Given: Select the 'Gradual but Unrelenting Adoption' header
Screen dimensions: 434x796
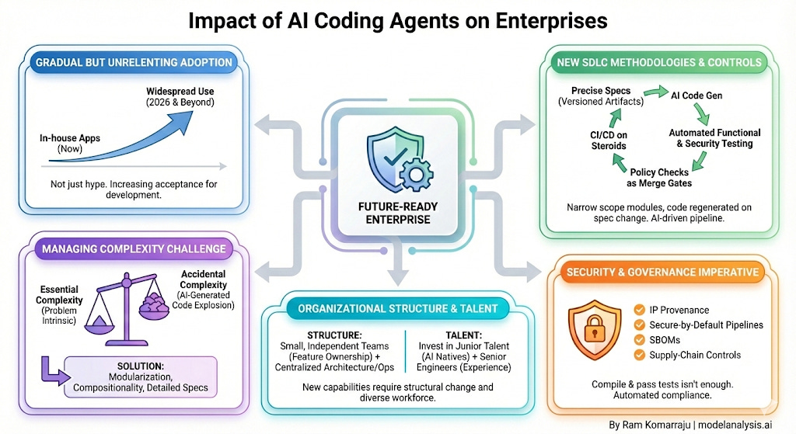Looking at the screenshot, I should [131, 62].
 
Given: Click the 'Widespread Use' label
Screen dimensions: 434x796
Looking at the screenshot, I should [180, 91].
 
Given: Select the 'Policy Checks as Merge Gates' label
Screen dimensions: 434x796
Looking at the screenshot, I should [659, 177].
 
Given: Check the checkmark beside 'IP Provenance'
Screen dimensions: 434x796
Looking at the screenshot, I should [641, 309].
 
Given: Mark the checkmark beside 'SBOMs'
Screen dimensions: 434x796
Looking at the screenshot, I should [641, 340].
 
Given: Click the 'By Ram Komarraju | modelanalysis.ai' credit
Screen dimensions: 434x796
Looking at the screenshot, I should [700, 425].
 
